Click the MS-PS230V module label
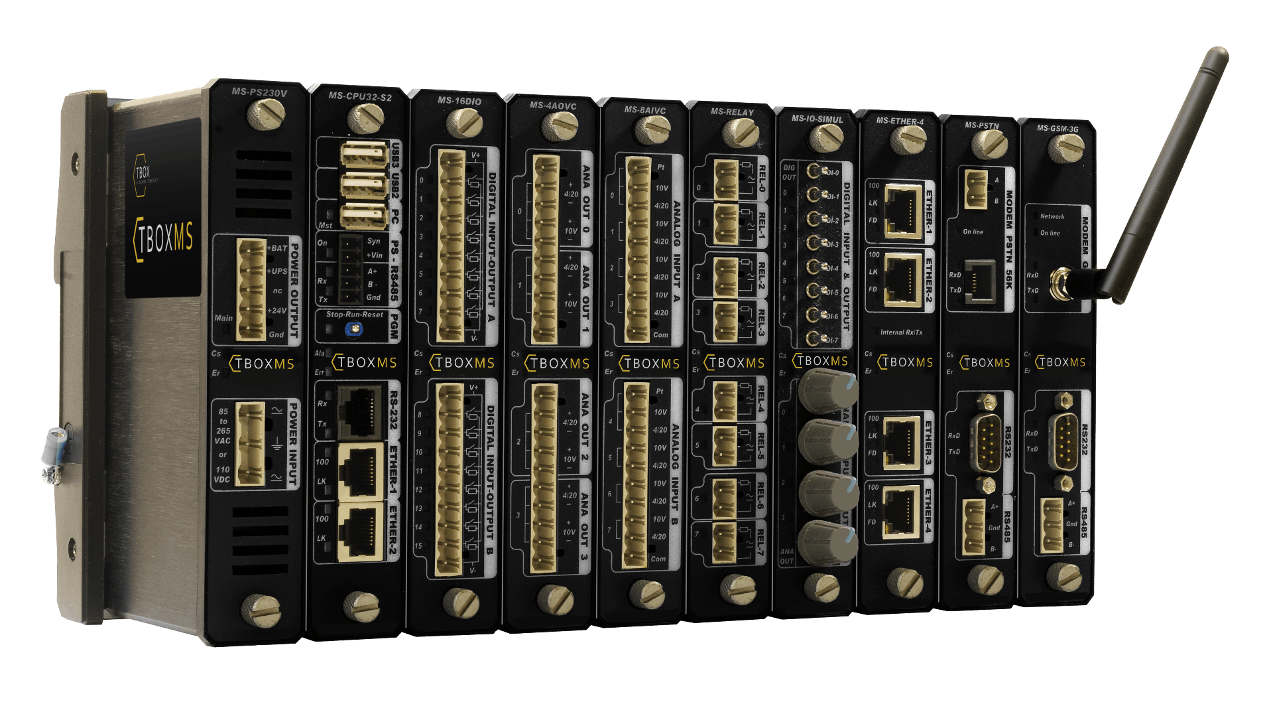click(259, 93)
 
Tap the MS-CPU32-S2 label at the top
click(360, 97)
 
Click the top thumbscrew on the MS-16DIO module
click(464, 122)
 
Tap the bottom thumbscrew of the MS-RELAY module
click(737, 587)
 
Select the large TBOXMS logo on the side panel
click(164, 238)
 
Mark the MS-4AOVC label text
click(553, 106)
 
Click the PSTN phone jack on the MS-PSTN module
click(980, 281)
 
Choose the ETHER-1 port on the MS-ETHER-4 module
click(902, 208)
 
